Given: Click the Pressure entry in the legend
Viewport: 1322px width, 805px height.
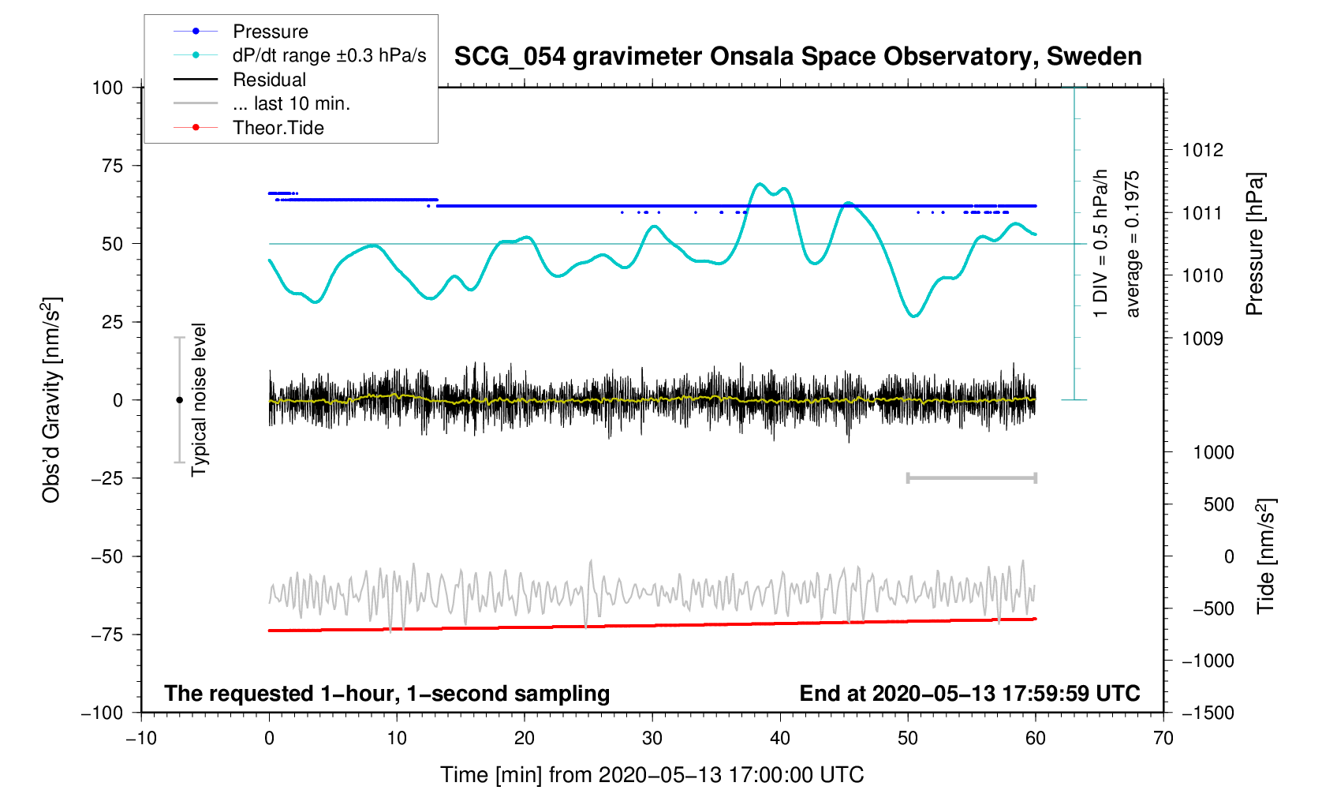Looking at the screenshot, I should coord(270,32).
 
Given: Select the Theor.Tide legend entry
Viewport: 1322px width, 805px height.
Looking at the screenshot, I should coord(278,128).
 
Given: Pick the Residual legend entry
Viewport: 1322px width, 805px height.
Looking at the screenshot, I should coord(269,80).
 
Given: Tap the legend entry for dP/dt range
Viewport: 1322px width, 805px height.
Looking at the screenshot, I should coord(329,55).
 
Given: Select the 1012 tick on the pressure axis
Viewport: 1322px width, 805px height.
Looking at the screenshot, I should coord(1202,150).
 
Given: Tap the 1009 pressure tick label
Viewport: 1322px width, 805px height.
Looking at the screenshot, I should coord(1202,339).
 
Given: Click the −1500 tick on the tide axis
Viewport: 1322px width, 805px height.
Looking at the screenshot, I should coord(1207,713).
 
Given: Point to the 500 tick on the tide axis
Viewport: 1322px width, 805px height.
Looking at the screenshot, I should coord(1219,504).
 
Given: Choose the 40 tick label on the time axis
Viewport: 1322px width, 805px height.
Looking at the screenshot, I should coord(780,739).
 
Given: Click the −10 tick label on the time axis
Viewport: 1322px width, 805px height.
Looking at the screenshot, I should coord(141,739).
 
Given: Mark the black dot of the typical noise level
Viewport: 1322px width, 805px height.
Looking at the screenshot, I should coord(179,400).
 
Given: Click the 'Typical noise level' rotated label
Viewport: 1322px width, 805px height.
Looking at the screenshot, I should coord(199,400).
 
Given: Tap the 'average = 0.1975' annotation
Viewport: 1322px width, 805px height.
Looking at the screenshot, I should coord(1133,244).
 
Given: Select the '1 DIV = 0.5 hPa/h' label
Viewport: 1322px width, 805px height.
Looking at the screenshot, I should coord(1100,244).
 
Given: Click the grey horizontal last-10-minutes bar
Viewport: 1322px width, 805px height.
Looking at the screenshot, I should coord(971,478).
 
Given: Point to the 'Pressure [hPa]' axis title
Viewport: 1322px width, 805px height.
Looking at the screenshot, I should coord(1254,244).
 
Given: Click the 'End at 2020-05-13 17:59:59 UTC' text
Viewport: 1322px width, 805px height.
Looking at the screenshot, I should coord(969,694).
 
